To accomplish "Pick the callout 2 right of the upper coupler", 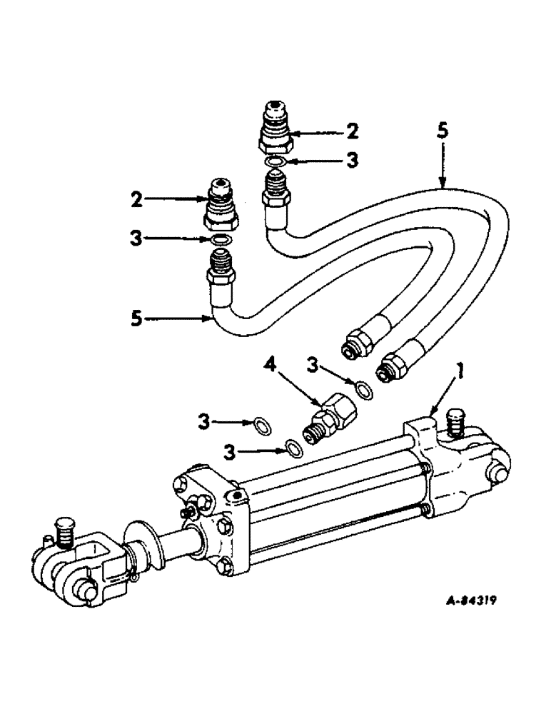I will pyautogui.click(x=353, y=132).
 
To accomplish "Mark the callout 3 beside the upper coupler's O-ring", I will pyautogui.click(x=351, y=161).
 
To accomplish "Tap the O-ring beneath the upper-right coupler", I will pyautogui.click(x=275, y=164).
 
